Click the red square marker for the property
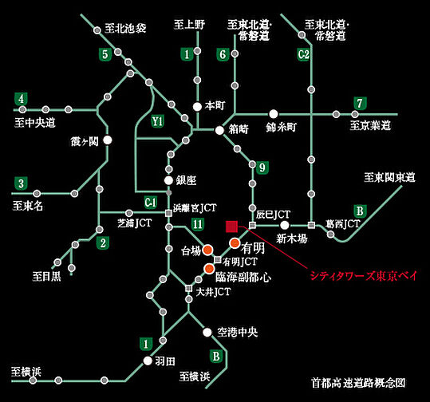pos(231,226)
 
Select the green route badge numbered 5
pos(104,54)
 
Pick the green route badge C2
pos(303,54)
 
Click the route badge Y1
pos(158,121)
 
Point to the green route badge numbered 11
pos(197,226)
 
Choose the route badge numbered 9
pos(262,167)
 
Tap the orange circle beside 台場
pos(207,249)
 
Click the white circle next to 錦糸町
pos(273,114)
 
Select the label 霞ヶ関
pos(84,141)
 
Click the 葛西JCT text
pos(343,225)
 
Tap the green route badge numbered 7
pos(361,103)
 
